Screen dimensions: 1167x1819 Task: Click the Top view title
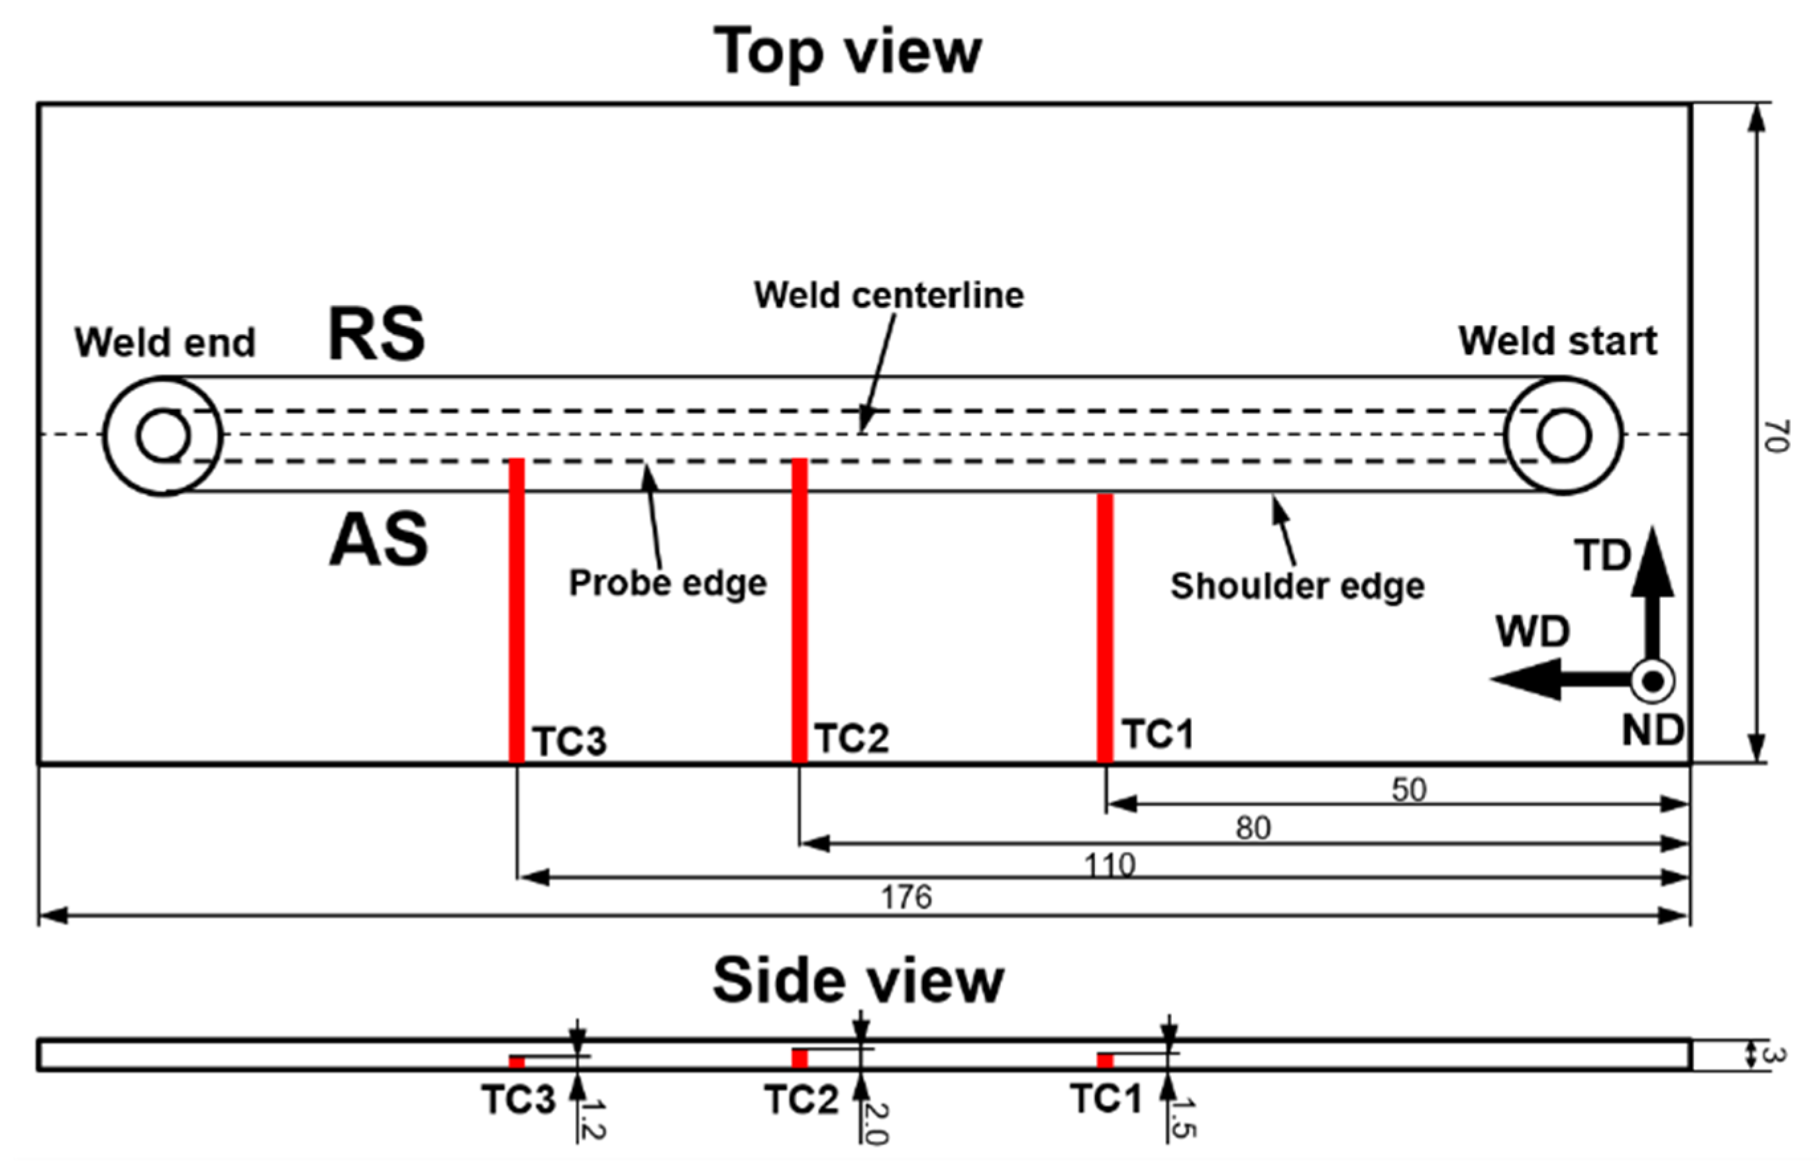point(847,52)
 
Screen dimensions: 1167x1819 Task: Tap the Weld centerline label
point(889,295)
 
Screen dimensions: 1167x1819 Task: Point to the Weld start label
point(1557,341)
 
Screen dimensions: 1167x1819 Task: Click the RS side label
point(376,334)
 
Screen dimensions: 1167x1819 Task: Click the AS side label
point(378,539)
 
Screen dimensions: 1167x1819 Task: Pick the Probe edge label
point(667,583)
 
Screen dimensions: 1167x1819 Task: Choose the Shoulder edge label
point(1297,586)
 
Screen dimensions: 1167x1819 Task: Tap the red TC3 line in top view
point(517,610)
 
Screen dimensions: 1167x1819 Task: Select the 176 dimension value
point(906,898)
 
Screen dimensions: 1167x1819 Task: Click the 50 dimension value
point(1409,790)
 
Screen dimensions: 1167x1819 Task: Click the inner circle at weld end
point(163,436)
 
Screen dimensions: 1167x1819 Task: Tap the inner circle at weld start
point(1563,436)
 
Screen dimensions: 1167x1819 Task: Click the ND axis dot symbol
point(1653,681)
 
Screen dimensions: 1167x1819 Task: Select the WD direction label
point(1532,632)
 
